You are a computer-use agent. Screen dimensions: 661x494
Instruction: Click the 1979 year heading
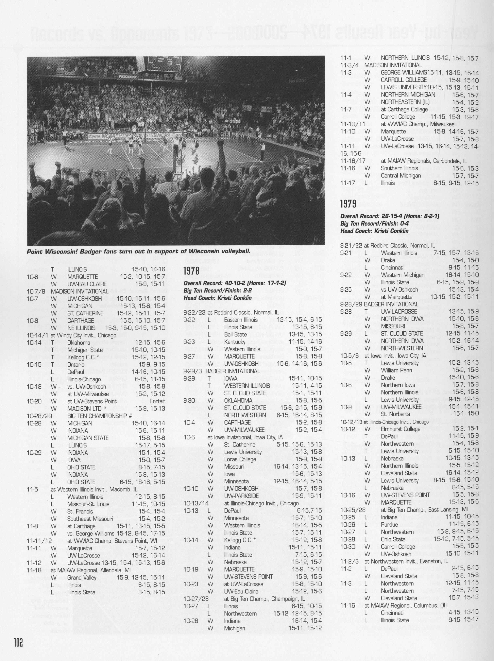tap(348, 204)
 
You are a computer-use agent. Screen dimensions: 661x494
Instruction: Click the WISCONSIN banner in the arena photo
tap(128, 77)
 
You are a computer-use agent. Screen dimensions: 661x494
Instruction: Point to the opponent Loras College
tap(240, 459)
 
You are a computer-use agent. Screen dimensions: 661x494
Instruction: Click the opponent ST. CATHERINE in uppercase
tap(85, 313)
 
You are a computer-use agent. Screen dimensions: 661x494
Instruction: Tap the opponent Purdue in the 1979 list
tap(389, 524)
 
